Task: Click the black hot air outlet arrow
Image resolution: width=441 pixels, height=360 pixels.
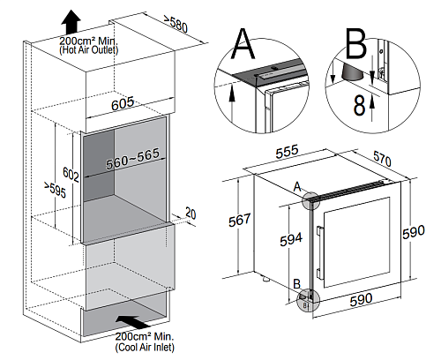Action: tap(71, 22)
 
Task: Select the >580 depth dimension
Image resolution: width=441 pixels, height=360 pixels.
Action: tap(176, 24)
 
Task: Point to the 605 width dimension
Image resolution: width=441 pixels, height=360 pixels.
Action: tap(123, 103)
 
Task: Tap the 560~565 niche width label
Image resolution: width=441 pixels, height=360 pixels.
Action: tap(133, 159)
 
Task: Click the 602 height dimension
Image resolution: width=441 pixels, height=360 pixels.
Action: tap(71, 175)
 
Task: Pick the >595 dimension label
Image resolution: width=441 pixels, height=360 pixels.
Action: tap(56, 190)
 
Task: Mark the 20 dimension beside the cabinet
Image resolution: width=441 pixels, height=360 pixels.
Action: tap(191, 213)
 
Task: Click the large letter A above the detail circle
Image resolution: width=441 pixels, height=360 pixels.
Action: tap(243, 43)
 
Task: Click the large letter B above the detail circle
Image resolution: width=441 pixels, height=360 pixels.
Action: tap(356, 43)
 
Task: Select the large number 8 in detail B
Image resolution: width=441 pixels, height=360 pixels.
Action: tap(359, 105)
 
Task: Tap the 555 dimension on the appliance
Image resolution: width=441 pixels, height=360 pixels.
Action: tap(287, 152)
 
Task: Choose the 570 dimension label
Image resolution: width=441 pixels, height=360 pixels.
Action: tap(382, 159)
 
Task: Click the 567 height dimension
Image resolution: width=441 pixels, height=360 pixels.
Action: tap(240, 220)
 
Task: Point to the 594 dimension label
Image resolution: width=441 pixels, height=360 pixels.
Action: tap(291, 239)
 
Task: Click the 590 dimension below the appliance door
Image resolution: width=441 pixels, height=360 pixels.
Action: tap(361, 299)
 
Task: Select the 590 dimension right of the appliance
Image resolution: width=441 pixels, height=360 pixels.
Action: tap(414, 232)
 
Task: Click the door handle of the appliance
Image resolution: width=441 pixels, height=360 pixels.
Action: tap(318, 252)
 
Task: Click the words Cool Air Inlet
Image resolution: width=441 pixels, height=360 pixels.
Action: tap(145, 347)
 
